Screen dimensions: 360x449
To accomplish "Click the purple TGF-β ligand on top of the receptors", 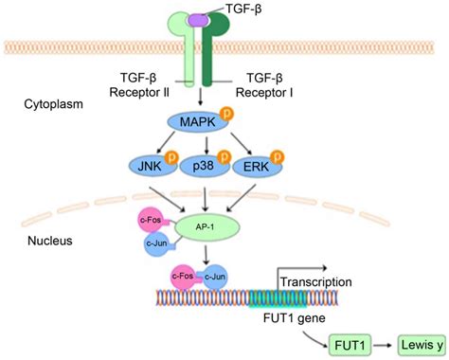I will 198,18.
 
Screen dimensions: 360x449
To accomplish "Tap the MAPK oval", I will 193,121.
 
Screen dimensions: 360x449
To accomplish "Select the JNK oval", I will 148,168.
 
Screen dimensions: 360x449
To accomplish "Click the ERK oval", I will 253,168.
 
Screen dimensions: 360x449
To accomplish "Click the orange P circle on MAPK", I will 227,113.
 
